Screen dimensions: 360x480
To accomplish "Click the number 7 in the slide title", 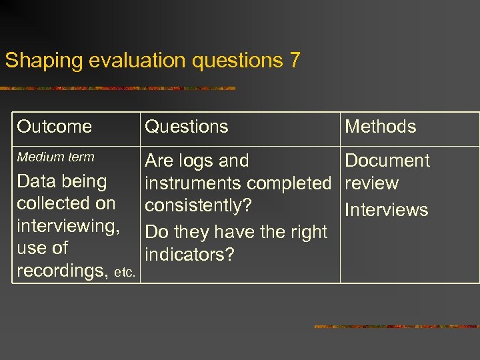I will point(294,61).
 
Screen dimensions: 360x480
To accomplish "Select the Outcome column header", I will point(55,127).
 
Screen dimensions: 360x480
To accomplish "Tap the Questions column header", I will point(187,127).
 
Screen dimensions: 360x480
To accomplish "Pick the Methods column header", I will point(380,127).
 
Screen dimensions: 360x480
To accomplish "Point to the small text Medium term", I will point(56,157).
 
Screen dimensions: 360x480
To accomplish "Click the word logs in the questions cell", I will point(196,161).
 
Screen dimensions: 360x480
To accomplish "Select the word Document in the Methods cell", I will point(387,161).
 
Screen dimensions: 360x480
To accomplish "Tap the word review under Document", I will point(371,183).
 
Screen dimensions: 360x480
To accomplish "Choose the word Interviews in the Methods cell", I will point(386,210).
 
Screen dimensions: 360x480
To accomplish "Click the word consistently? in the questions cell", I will point(199,205).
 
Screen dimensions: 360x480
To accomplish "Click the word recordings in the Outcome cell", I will point(63,271).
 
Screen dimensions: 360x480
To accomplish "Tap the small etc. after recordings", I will point(125,273).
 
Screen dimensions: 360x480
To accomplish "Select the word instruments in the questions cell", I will point(193,183).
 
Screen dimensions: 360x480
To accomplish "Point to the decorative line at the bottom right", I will point(396,327).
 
